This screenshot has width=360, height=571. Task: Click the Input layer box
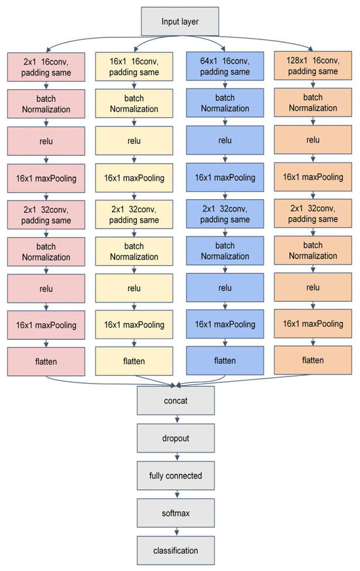point(180,22)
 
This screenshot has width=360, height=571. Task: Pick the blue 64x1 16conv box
point(225,67)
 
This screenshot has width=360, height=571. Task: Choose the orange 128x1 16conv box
point(312,66)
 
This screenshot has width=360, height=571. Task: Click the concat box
point(175,400)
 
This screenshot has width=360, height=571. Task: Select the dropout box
point(175,438)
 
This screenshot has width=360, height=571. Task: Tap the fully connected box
point(175,475)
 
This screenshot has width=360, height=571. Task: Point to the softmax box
point(175,513)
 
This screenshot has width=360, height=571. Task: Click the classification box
point(175,550)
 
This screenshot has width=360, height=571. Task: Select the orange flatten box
point(312,359)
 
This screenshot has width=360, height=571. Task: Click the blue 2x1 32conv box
point(225,214)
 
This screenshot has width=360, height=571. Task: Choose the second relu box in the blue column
point(225,287)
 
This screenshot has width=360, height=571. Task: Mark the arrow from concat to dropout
point(175,419)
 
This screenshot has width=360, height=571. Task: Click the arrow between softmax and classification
point(175,532)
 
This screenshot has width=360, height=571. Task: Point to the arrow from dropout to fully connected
point(175,456)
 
